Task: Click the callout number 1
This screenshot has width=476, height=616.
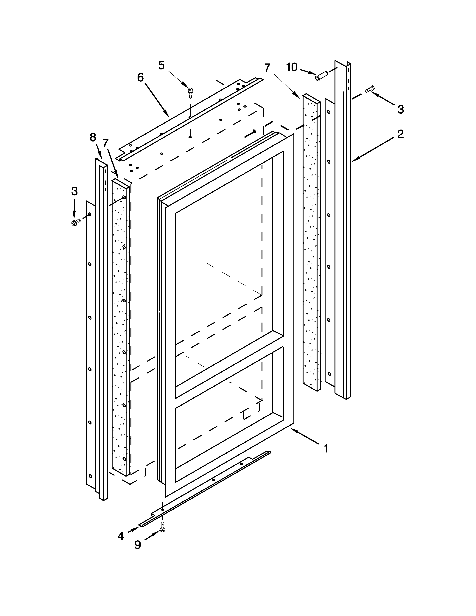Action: (x=326, y=448)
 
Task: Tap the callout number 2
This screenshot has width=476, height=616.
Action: (x=400, y=134)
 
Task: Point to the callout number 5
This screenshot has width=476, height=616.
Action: (x=161, y=66)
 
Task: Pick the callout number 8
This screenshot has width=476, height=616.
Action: (x=93, y=137)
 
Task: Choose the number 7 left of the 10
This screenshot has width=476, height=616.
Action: (x=267, y=68)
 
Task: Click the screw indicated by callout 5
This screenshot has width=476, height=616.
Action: (x=191, y=92)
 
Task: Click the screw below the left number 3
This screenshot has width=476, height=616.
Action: (x=76, y=222)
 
